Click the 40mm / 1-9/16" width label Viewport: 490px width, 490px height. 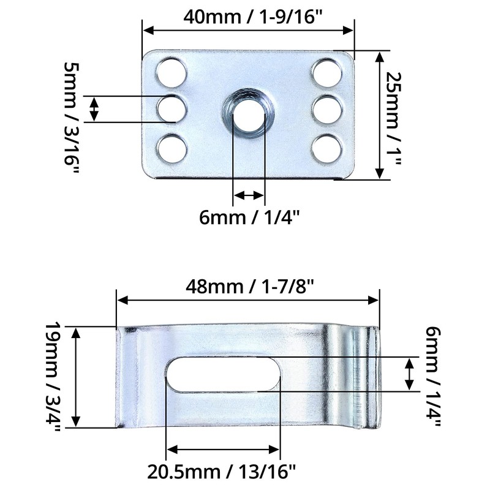point(249,17)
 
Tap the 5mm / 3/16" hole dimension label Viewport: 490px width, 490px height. point(72,116)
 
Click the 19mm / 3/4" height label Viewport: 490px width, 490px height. point(54,377)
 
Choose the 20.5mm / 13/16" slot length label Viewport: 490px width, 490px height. point(222,472)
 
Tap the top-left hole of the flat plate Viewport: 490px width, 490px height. point(172,72)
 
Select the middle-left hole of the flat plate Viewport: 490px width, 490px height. point(172,110)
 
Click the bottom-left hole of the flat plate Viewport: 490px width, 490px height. point(172,148)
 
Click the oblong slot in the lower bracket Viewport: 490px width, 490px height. point(223,373)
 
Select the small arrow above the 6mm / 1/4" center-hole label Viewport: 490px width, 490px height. point(249,195)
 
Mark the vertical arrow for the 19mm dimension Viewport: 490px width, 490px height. point(77,377)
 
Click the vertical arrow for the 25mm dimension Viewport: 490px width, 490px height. point(380,116)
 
